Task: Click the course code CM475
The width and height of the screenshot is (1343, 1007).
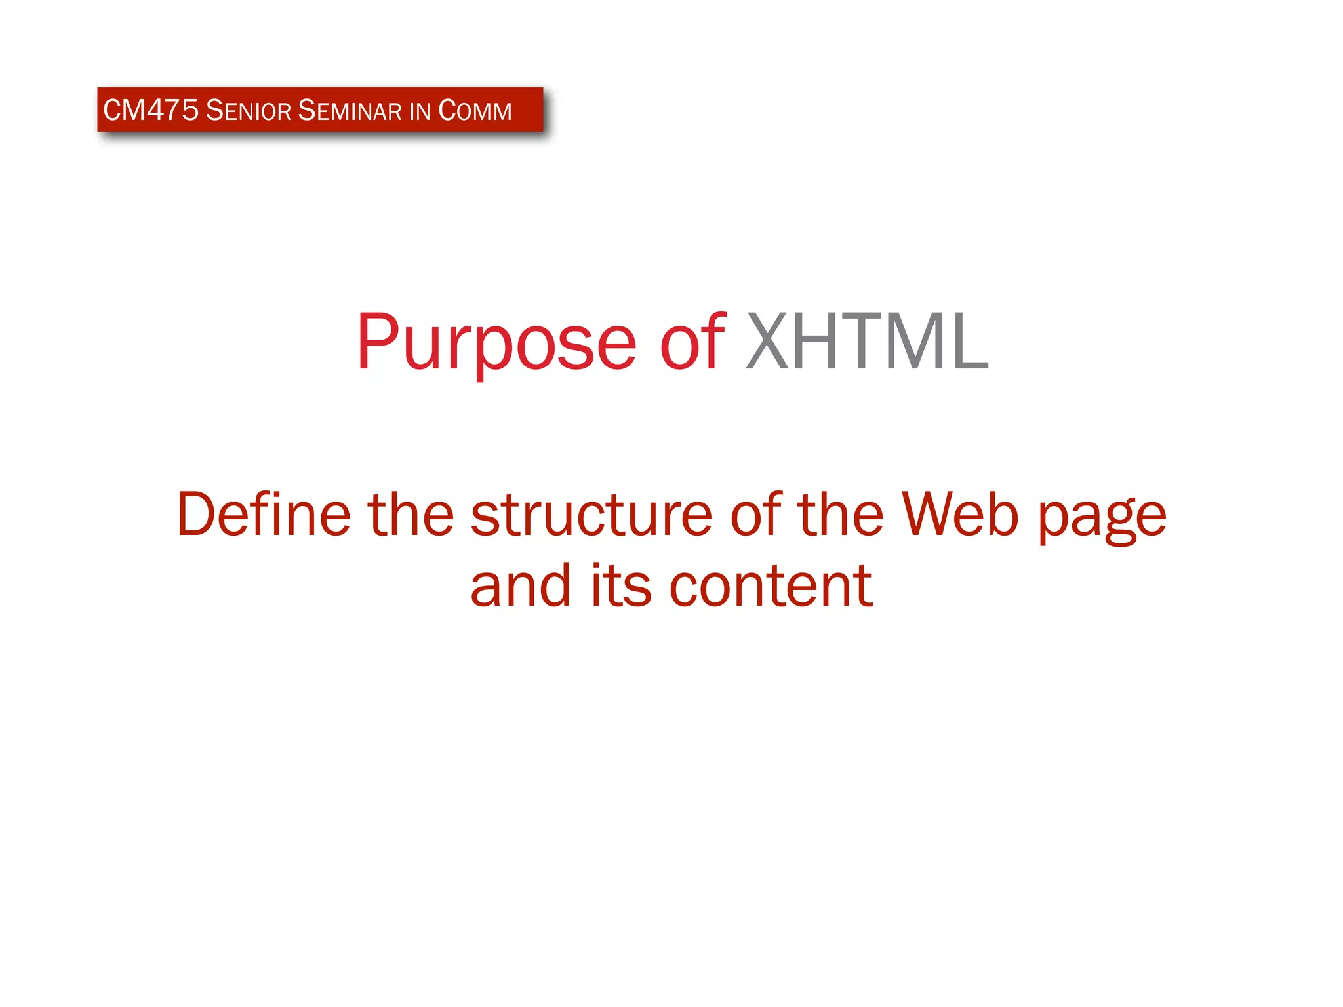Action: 150,110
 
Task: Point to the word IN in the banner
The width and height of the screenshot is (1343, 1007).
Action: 420,111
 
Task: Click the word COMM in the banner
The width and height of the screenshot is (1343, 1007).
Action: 475,110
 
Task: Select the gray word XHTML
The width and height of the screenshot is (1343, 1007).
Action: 867,342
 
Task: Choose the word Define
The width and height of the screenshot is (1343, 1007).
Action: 264,515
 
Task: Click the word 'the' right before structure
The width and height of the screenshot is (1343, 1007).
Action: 411,515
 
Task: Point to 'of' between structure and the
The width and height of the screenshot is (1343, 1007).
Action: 755,515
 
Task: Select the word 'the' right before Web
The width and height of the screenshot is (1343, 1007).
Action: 841,515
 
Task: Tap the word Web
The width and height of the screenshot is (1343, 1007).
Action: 960,515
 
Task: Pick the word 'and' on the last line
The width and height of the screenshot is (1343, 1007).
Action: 521,586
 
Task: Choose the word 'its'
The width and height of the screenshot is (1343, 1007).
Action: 621,586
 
